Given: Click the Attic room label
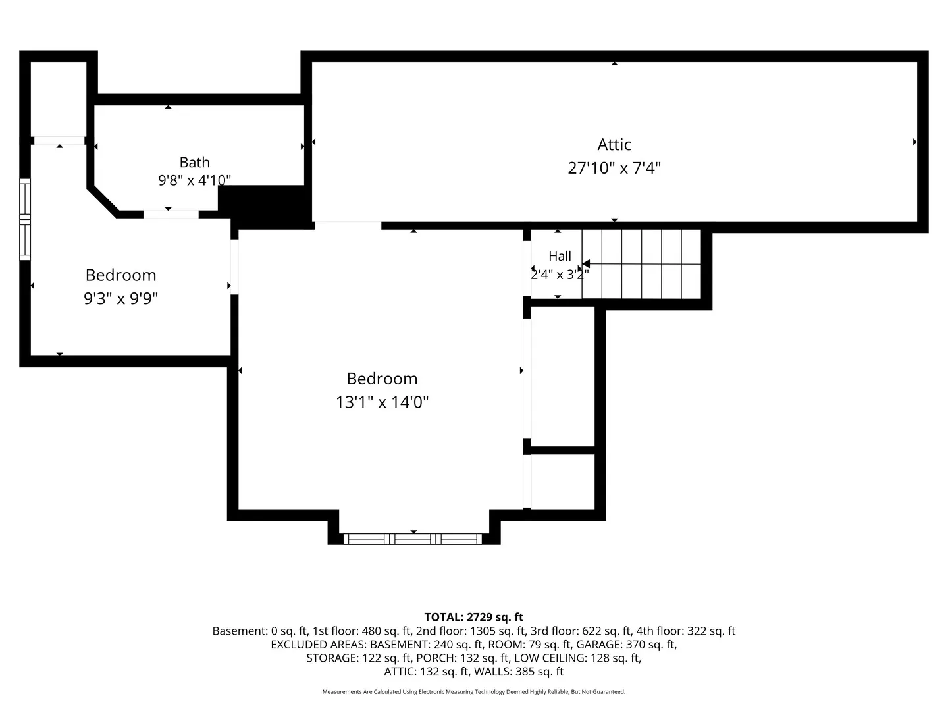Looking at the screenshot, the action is tap(614, 145).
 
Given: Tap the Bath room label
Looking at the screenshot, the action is tap(194, 163).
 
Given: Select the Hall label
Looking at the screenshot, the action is tap(560, 256).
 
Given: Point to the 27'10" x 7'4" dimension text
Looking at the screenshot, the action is tap(614, 167).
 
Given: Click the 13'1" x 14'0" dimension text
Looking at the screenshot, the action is tap(382, 402).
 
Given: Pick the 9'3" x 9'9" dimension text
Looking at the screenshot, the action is tap(121, 298).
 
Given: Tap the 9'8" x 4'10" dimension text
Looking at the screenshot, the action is tap(194, 180).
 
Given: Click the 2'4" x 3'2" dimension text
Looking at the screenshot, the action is tap(560, 274).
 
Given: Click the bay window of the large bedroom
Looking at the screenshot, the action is tap(413, 539).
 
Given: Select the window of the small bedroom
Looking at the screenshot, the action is tap(25, 219).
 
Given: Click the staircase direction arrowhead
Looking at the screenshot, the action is tap(586, 263).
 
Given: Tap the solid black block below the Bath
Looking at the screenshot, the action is tap(265, 207).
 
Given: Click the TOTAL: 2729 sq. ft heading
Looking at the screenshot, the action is tap(473, 617).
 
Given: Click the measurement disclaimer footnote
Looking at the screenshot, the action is tap(474, 691).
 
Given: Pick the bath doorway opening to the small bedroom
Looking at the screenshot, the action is tap(171, 214).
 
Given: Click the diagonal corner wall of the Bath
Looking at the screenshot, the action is tap(103, 201).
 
